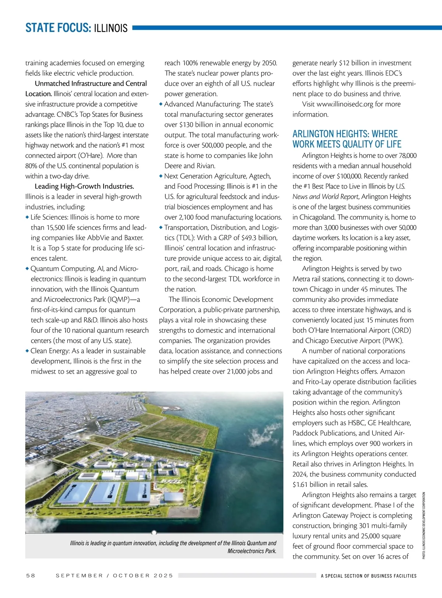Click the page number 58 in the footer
[31, 576]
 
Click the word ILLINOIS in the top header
[111, 28]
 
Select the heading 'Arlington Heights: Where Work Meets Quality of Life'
[347, 139]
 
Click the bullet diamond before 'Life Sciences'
[27, 217]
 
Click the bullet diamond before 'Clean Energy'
[27, 351]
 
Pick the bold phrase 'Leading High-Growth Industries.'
[84, 186]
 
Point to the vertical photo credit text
[424, 526]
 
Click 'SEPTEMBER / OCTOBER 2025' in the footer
[114, 576]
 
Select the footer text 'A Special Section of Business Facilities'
[368, 576]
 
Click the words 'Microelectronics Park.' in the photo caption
[252, 551]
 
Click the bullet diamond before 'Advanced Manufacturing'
[161, 104]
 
